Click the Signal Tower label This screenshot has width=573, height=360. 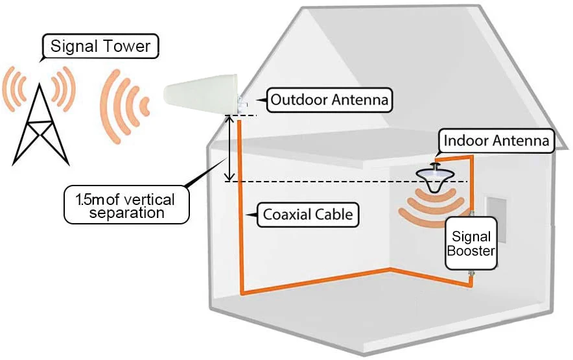click(100, 46)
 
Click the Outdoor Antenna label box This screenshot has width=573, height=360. click(329, 99)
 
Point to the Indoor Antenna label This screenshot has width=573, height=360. click(497, 141)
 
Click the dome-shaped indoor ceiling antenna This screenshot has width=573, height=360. click(434, 178)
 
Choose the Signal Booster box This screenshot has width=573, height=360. click(471, 243)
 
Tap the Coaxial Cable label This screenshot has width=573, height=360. click(308, 215)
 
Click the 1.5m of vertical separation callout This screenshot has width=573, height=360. click(126, 205)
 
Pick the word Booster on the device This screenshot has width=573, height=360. click(471, 251)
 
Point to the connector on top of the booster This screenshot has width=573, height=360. click(472, 213)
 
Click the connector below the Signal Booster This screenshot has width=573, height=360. click(471, 273)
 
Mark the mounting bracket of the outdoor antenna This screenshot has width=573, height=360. click(242, 104)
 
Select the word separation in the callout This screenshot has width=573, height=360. click(127, 213)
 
